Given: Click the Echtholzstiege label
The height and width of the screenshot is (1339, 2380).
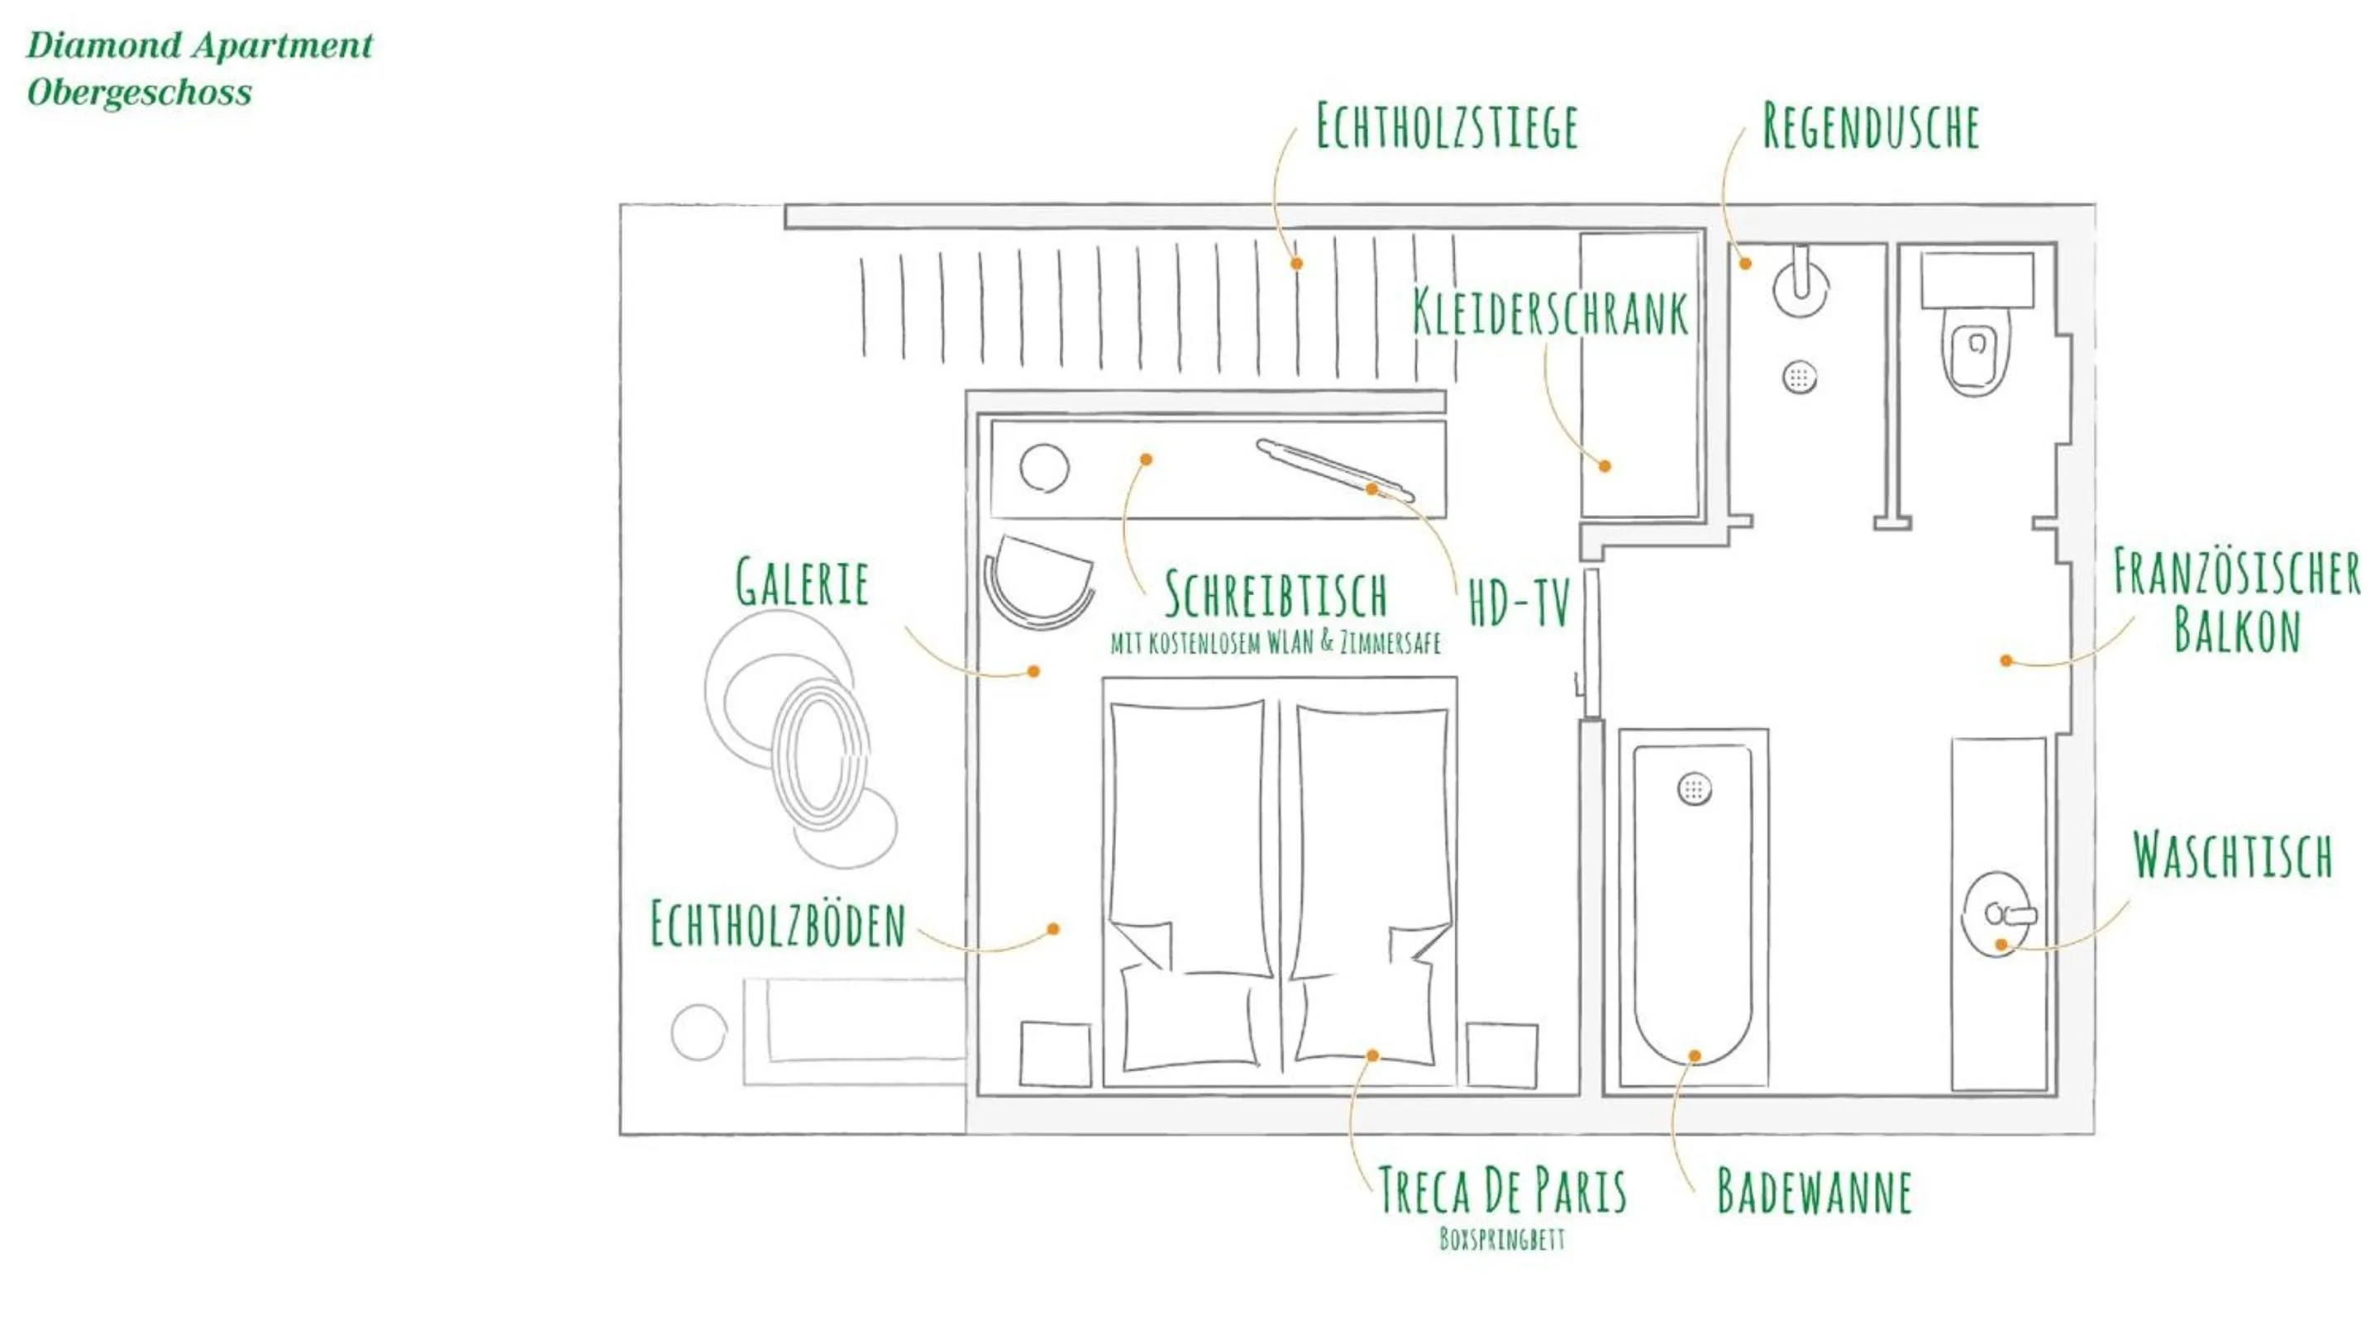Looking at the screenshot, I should coord(1446,126).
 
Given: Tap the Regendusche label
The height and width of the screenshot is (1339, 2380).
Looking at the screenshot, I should coord(1870,126).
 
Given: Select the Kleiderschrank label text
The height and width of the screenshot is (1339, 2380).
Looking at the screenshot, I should coord(1550,312).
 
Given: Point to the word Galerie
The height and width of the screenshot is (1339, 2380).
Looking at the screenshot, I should coord(802,583).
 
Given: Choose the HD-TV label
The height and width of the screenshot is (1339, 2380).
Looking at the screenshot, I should coord(1519,604).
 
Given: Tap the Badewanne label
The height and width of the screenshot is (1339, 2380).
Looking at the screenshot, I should coord(1814,1191).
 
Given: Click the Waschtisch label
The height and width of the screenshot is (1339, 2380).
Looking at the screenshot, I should coord(2232,855).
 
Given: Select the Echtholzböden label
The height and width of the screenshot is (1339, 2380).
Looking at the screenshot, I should coord(778,924).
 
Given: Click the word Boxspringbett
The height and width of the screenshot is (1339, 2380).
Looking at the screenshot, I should coord(1502,1238).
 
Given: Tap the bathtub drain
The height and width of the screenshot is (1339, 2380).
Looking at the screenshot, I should coord(1694,789).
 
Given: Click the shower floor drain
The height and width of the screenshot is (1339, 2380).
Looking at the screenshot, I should coord(1799,377).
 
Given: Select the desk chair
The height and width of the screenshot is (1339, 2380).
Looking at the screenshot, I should coord(1038,582).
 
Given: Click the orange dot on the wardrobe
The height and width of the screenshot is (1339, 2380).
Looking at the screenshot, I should coord(1605,466).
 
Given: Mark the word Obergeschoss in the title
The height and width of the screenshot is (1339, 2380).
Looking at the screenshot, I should coord(140,93).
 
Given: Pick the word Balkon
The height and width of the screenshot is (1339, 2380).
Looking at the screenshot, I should coord(2236,631).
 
